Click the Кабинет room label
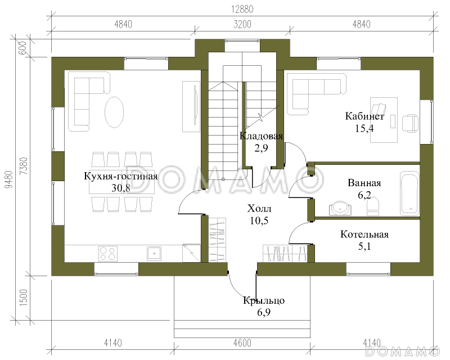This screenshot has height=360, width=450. point(364,116)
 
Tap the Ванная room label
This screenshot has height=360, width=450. point(364,183)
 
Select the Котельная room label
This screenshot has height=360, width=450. point(364,234)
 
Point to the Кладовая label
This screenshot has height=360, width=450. point(261,136)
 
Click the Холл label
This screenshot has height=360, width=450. point(259,209)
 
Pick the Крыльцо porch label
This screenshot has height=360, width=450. point(264,300)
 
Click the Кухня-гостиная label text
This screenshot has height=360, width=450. point(121,175)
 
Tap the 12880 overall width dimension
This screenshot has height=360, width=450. point(242,10)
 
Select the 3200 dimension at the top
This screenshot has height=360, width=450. point(242,24)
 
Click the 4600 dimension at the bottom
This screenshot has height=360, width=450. point(242,343)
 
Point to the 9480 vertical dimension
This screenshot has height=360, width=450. point(10,179)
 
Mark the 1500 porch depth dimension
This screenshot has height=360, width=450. point(24,298)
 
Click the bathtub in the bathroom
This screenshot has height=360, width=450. point(409,193)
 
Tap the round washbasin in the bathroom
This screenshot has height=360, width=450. point(340,208)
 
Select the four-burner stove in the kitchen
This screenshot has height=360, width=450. point(108,254)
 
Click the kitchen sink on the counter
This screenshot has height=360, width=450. point(154,254)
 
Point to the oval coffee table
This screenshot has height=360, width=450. point(114,112)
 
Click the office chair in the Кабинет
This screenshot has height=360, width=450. point(411,123)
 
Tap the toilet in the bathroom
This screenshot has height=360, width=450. point(373,207)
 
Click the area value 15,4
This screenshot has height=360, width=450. point(364,128)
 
